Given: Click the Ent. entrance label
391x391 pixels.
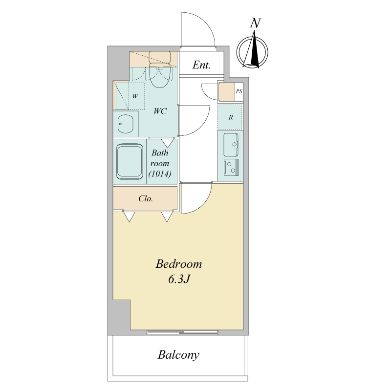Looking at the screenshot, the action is click(x=201, y=65).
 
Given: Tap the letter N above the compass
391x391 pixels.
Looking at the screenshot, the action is click(x=255, y=23).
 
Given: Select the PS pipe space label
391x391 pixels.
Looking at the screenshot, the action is click(x=239, y=91).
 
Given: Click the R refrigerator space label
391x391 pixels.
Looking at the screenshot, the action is click(x=231, y=117).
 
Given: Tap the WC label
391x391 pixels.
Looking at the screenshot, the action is click(x=160, y=111).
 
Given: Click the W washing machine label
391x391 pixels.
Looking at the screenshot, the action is click(x=135, y=96).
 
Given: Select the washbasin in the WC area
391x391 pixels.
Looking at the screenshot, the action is click(x=126, y=124).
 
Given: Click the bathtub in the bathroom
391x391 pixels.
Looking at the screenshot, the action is click(x=130, y=161).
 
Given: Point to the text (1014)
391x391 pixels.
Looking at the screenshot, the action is click(x=160, y=174).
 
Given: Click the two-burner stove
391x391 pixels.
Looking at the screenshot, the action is click(x=231, y=167).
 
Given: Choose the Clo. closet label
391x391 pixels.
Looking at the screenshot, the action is click(x=146, y=198).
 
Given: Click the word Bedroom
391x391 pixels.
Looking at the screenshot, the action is click(x=179, y=264).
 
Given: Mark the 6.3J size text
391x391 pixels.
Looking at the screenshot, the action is click(x=179, y=279).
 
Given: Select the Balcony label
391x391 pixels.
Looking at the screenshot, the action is click(x=178, y=355).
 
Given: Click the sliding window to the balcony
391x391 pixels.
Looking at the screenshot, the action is click(x=182, y=332).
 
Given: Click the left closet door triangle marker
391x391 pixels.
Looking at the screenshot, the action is click(x=129, y=217).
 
